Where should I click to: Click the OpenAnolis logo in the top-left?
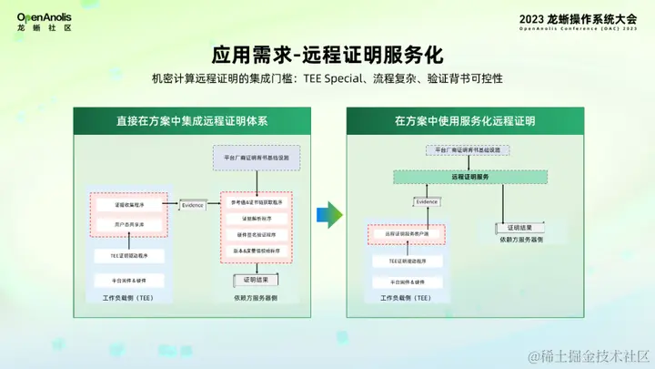click(45, 21)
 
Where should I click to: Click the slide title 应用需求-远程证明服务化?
click(327, 53)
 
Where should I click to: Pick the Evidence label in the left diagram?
click(192, 205)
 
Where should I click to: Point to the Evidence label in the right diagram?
click(428, 201)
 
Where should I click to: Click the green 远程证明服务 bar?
click(469, 176)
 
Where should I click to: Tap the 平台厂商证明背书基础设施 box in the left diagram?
click(256, 158)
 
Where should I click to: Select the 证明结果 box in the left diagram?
click(256, 279)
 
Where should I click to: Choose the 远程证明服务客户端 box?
click(406, 234)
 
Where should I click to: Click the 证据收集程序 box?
click(129, 205)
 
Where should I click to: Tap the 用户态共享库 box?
click(129, 224)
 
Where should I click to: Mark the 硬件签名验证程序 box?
click(256, 234)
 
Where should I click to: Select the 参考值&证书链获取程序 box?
click(256, 202)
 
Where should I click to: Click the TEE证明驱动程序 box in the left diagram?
click(129, 256)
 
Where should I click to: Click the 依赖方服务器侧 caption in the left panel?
click(256, 298)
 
